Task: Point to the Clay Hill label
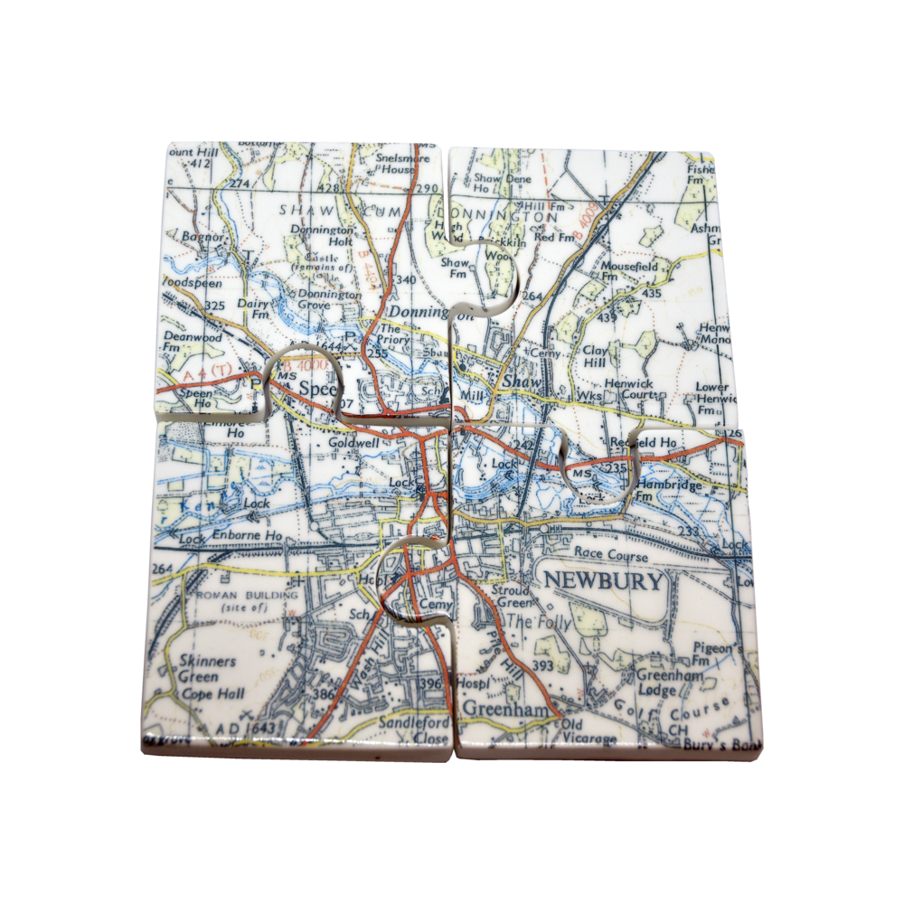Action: [x=595, y=355]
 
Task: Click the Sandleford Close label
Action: [x=415, y=730]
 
